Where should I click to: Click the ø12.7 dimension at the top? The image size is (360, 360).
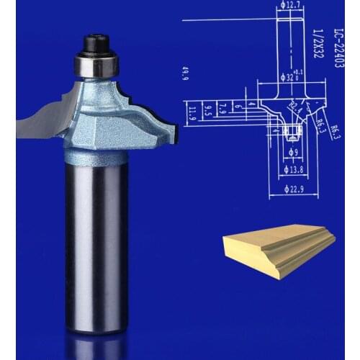coord(290,6)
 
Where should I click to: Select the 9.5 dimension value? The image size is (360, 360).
coord(207,110)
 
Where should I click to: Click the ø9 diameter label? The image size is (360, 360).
coord(292,153)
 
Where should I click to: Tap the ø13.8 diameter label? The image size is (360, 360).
coord(292,171)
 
